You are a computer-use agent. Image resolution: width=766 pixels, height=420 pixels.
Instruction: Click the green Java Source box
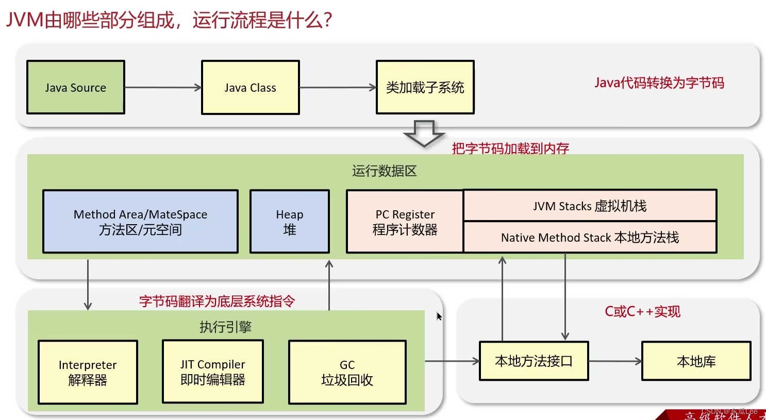click(x=76, y=87)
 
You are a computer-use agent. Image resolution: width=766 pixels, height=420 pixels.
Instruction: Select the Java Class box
click(x=250, y=87)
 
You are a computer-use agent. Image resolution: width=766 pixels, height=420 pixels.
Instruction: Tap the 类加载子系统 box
click(x=425, y=87)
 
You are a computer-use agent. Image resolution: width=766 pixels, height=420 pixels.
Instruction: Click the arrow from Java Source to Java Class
click(x=163, y=88)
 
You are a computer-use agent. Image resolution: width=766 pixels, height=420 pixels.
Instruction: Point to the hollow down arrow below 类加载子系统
click(x=424, y=133)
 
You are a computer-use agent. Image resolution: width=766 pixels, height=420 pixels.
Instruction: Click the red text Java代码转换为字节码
click(x=659, y=83)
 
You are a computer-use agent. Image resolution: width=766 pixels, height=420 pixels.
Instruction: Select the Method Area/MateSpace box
click(x=140, y=222)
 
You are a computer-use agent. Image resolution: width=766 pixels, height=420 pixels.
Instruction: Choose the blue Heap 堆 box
click(x=289, y=222)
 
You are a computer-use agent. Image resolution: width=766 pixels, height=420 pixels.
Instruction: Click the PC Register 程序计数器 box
click(x=405, y=222)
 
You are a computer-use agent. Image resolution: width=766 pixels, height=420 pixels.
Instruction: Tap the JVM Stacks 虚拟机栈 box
click(x=590, y=206)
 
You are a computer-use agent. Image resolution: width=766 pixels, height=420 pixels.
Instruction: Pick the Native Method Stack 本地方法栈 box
click(x=590, y=238)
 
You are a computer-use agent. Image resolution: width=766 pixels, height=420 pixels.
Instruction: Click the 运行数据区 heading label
click(x=384, y=171)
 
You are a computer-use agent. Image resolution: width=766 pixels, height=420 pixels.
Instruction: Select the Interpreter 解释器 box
click(x=88, y=372)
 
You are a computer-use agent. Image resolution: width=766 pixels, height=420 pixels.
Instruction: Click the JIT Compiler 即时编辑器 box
click(x=212, y=372)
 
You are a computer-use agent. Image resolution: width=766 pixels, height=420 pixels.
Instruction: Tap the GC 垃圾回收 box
click(x=347, y=372)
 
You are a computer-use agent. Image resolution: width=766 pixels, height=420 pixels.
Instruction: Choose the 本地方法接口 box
click(x=534, y=361)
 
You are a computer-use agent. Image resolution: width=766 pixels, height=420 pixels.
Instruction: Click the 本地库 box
click(x=696, y=361)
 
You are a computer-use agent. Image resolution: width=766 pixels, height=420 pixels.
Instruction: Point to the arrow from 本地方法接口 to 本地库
click(x=615, y=361)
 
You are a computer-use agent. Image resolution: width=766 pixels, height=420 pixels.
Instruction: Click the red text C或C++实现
click(x=642, y=312)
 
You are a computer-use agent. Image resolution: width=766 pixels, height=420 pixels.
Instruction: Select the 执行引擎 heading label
click(x=225, y=327)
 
